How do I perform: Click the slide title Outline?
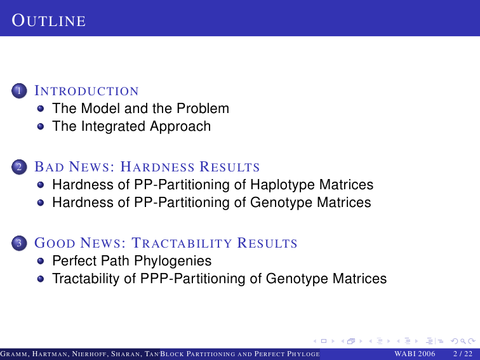coord(49,20)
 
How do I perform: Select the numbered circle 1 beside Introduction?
coord(19,91)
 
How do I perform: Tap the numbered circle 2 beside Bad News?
coord(19,167)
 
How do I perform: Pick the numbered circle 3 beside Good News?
coord(19,243)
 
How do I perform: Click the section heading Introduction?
coord(86,91)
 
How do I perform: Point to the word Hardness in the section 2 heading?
coord(157,167)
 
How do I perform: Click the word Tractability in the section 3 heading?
coord(182,243)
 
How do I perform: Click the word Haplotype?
coord(283,185)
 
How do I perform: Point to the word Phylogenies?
coord(173,261)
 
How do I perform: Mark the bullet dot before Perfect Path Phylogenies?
coord(41,261)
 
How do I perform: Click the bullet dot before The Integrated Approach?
coord(41,126)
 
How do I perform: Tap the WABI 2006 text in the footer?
coord(415,354)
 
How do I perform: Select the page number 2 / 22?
coord(463,354)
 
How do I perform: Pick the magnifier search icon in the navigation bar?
coord(463,341)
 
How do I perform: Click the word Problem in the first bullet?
coord(203,109)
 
